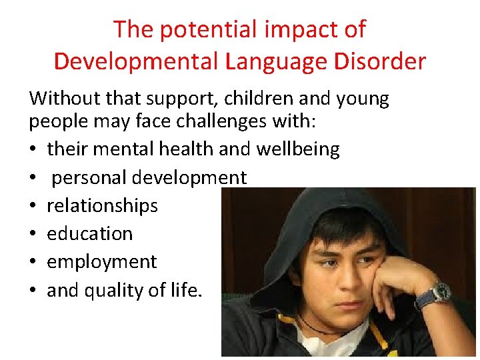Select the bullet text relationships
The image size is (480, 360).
point(102,205)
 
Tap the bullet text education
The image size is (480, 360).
point(89,233)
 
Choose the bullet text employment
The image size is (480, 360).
point(101,261)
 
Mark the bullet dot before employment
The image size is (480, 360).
point(33,262)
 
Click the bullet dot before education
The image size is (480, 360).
point(33,234)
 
